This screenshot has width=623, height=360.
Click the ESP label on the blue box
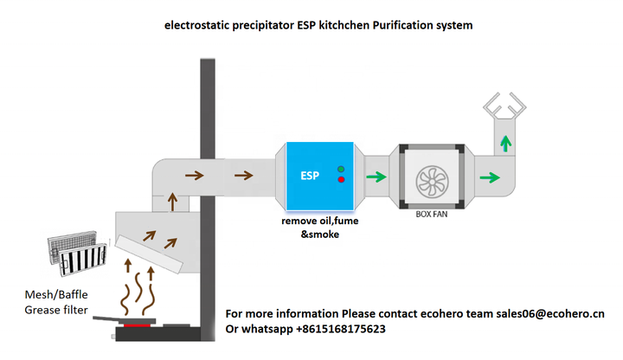point(309,177)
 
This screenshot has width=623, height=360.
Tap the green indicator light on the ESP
point(341,169)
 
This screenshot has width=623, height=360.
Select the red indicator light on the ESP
point(341,180)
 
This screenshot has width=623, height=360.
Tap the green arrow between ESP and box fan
point(376,178)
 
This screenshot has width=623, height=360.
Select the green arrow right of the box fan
point(490,178)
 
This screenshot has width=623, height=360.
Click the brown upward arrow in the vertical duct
point(172,203)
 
